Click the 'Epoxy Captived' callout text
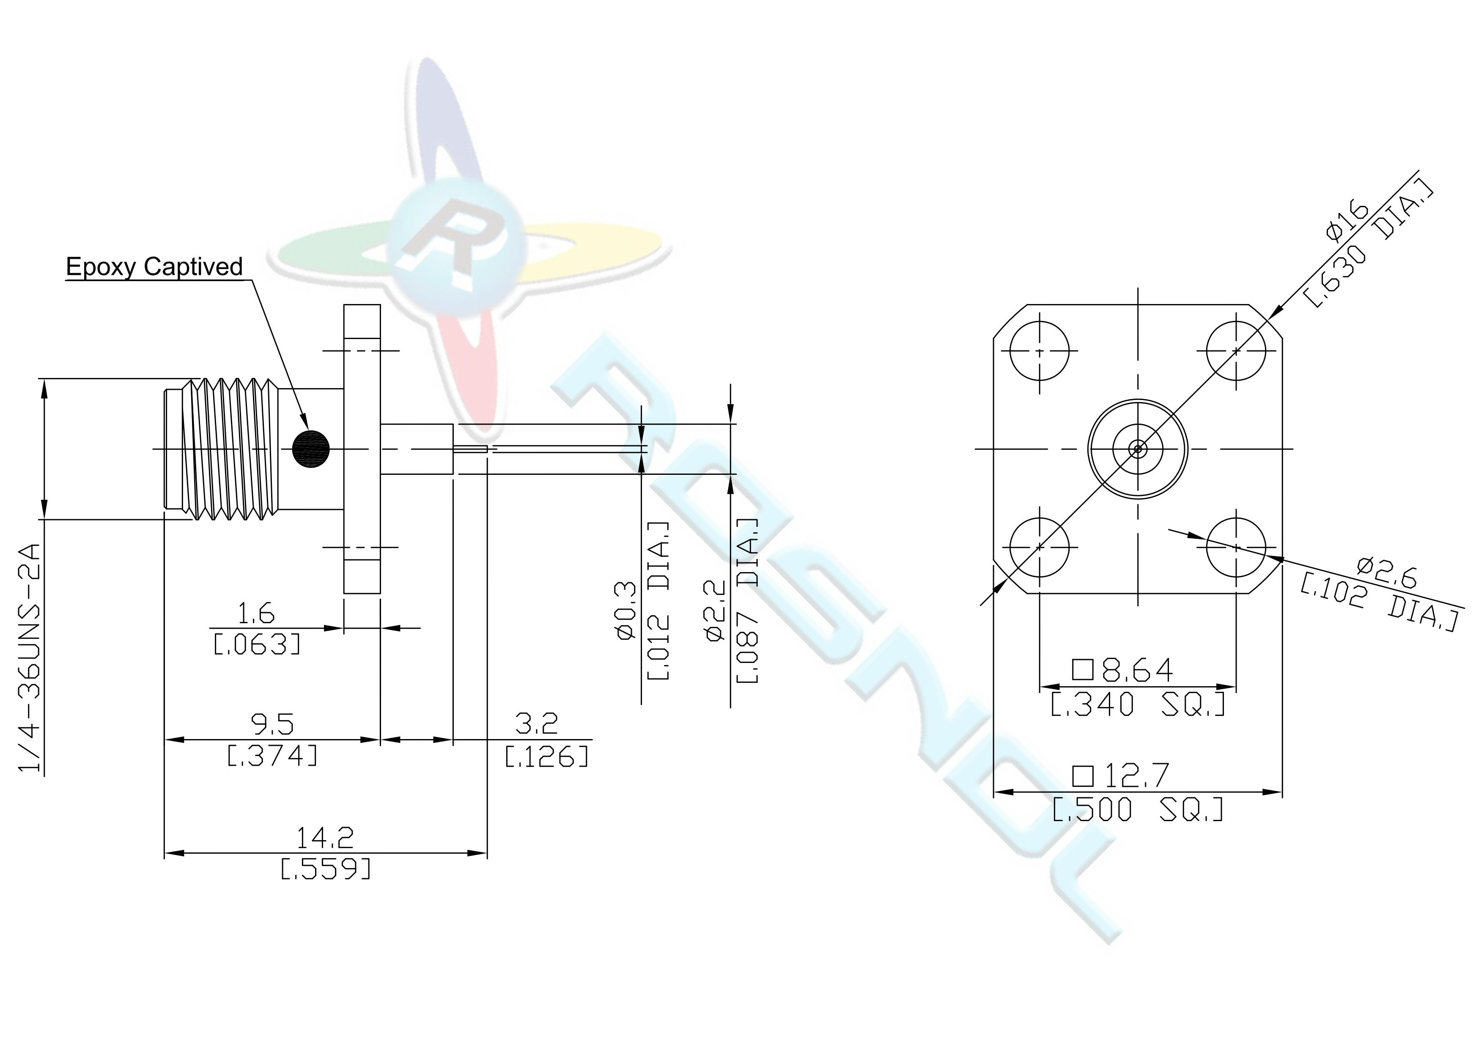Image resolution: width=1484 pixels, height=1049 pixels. (154, 267)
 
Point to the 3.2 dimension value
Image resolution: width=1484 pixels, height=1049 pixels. (536, 724)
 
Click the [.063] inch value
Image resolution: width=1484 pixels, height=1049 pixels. (257, 644)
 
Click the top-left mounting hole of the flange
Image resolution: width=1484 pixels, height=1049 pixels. (1040, 352)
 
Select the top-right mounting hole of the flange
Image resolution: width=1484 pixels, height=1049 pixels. (1236, 352)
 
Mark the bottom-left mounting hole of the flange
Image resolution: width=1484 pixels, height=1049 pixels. (1040, 547)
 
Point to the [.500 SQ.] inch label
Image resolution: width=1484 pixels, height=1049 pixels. (1138, 809)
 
